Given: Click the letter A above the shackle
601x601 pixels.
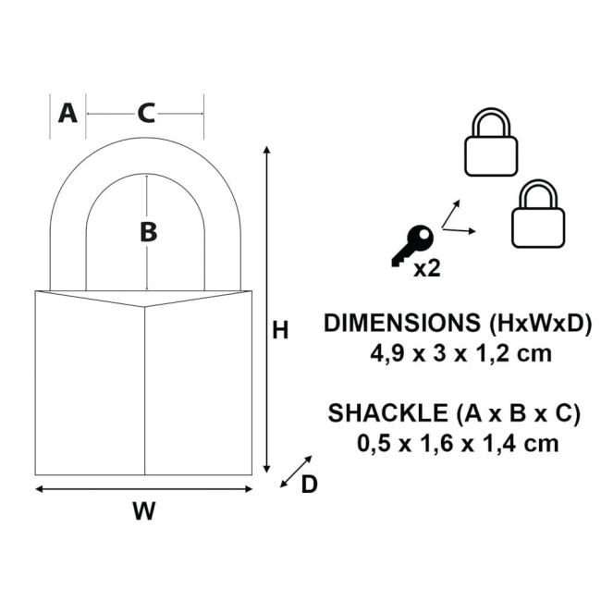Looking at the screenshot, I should tap(67, 113).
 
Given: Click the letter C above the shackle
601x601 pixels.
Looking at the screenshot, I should tap(146, 113).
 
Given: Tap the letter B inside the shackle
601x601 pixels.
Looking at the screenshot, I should tap(148, 233).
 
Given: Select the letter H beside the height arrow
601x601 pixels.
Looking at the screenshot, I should tap(281, 330).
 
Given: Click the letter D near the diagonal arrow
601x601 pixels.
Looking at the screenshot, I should tap(309, 484).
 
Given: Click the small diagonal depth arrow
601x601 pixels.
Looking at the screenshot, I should tap(296, 472).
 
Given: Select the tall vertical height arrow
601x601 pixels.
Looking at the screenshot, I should tap(267, 310).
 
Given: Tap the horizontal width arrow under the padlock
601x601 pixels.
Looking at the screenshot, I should tap(143, 488).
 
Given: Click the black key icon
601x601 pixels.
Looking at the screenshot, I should tap(411, 246).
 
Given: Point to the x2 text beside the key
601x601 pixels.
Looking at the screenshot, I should tap(426, 269).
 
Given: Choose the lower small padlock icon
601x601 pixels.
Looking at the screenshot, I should tap(538, 215).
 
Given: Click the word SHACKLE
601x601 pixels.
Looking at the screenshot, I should tap(378, 413).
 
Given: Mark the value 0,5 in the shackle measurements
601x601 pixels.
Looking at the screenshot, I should tap(374, 443).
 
